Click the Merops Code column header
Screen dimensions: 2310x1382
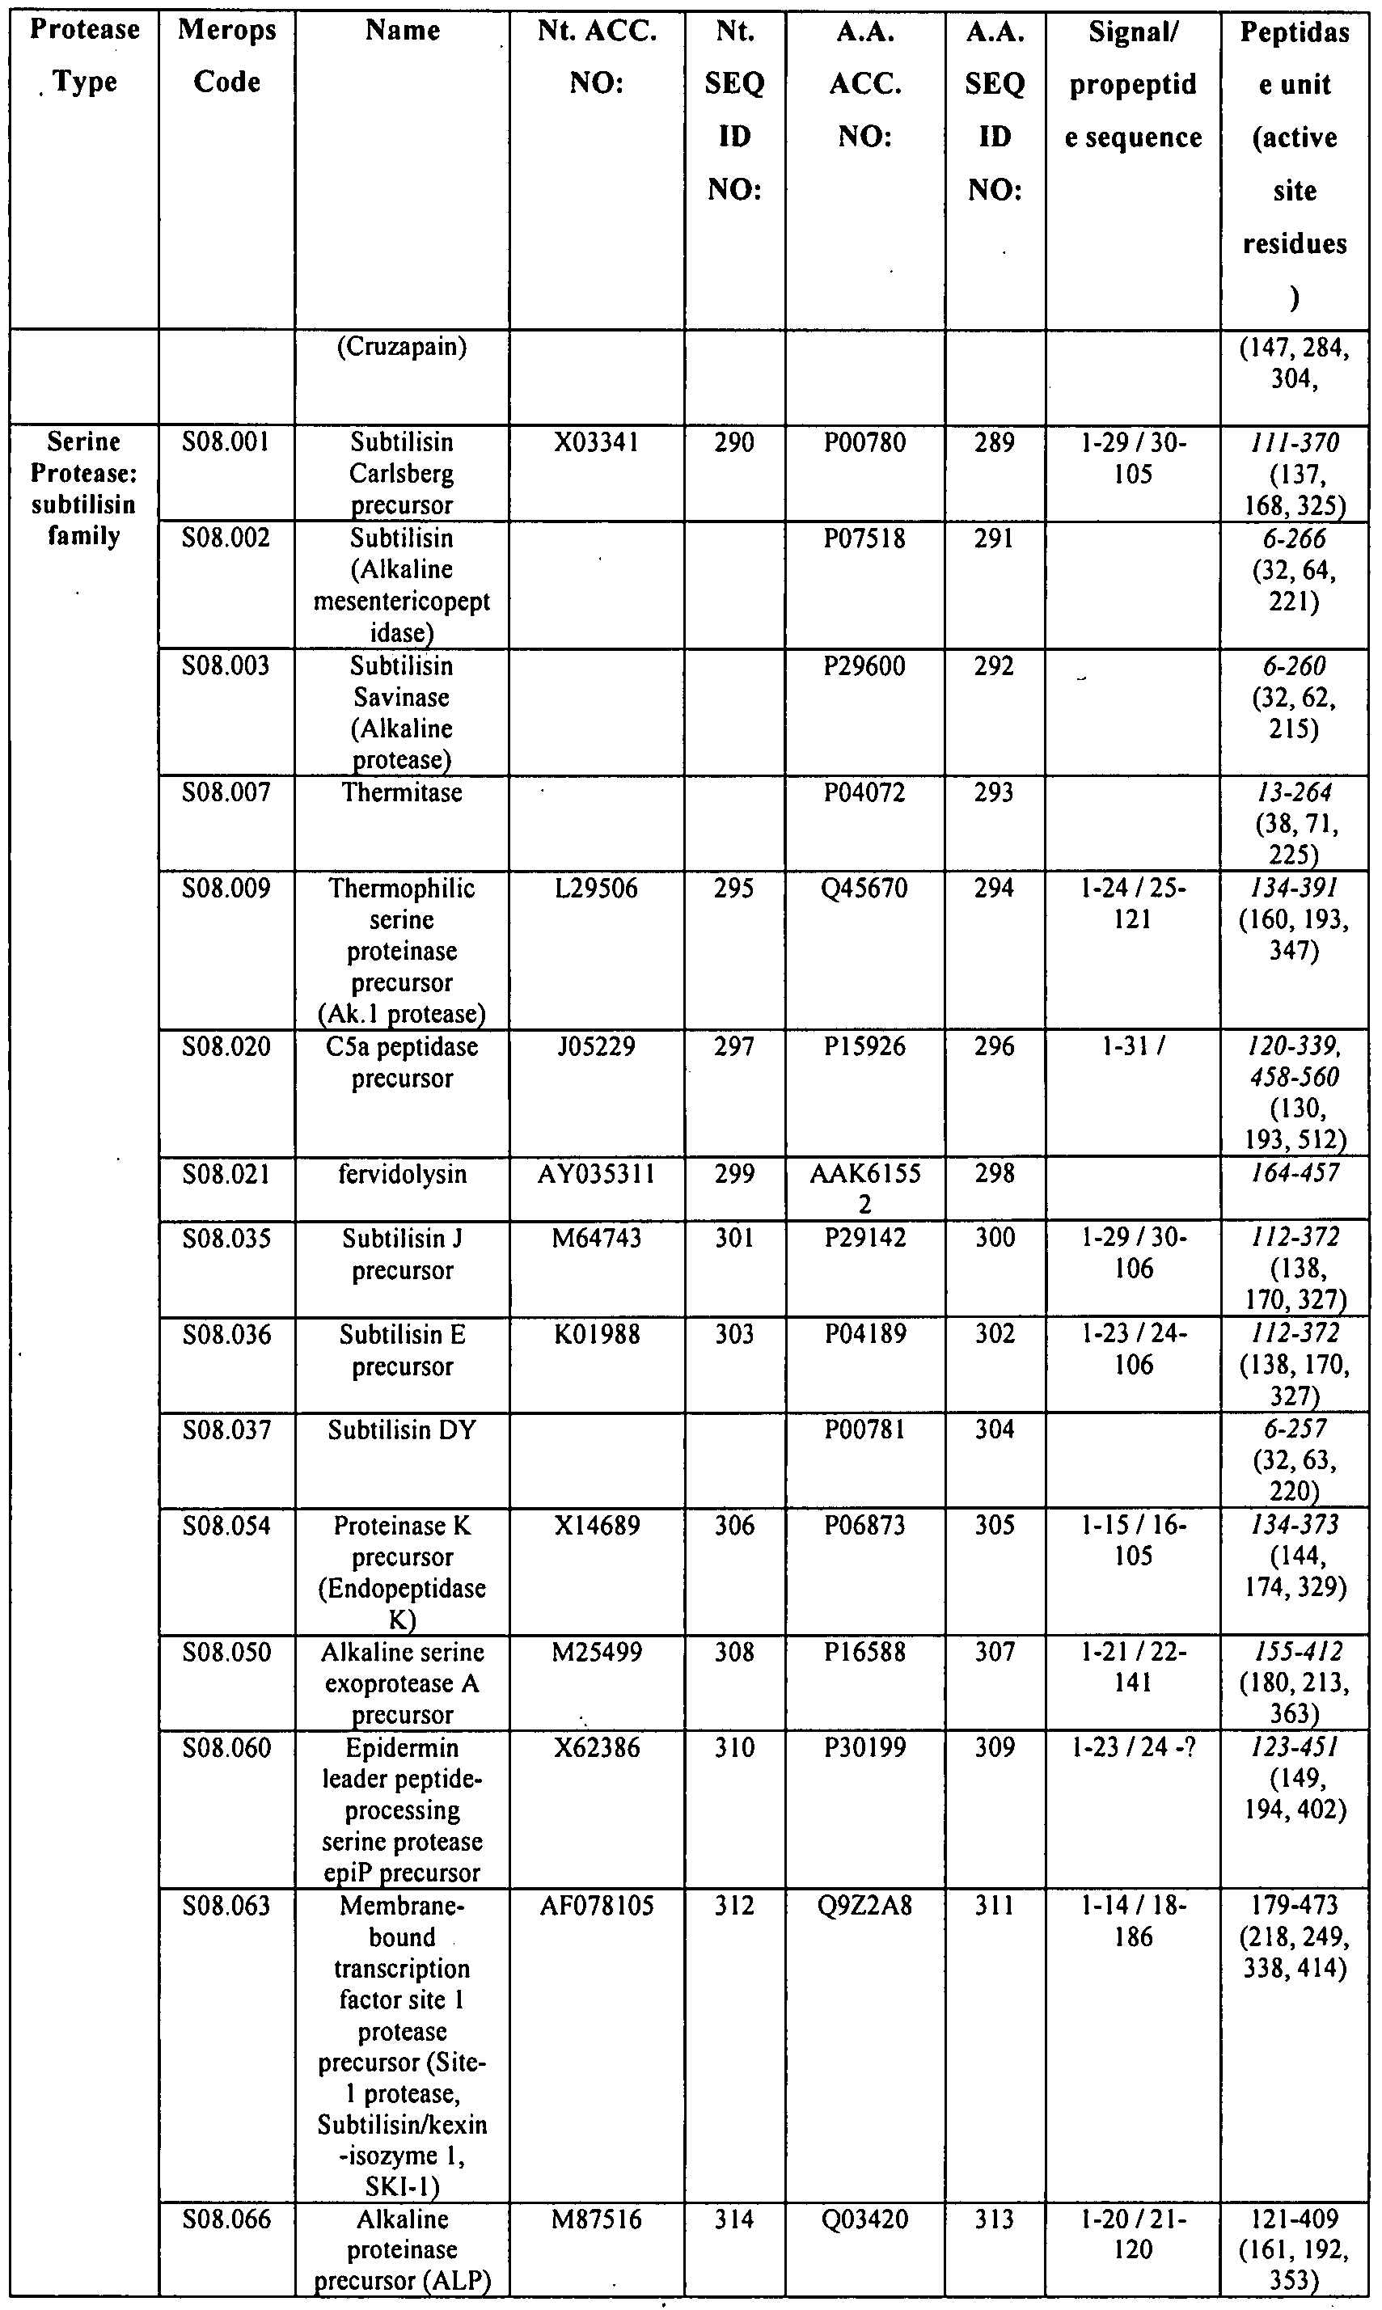[226, 56]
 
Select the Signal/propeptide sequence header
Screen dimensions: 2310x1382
[1132, 85]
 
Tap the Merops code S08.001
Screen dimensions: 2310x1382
[226, 442]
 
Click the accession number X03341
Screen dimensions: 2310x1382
[596, 442]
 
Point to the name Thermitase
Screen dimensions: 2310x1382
[401, 793]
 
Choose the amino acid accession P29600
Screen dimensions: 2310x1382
[864, 667]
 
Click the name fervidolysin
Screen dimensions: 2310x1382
[401, 1175]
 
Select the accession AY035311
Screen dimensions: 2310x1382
[596, 1175]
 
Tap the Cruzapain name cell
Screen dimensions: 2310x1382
[401, 348]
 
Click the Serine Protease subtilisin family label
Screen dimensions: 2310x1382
[84, 489]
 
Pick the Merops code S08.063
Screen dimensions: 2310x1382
[226, 1906]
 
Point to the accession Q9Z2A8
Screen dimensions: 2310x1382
[864, 1906]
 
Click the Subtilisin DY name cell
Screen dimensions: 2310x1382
[401, 1430]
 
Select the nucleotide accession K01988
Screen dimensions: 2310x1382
[596, 1335]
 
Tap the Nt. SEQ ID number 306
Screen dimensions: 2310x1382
[733, 1526]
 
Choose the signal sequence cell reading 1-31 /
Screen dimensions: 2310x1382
[1132, 1047]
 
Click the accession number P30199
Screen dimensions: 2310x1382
[864, 1747]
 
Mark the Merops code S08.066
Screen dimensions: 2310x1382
[226, 2219]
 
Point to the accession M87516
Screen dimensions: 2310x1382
[596, 2219]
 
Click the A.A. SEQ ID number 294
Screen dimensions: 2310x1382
[994, 889]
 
